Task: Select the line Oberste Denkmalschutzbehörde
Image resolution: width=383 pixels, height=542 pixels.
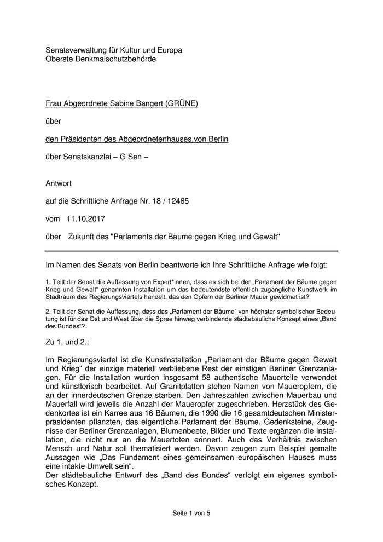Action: click(x=101, y=59)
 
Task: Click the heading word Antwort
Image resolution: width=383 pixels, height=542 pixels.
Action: click(x=59, y=183)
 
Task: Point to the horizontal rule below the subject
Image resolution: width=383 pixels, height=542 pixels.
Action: click(x=191, y=251)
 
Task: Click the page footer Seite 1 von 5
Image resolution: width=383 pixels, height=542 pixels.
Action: click(x=191, y=513)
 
